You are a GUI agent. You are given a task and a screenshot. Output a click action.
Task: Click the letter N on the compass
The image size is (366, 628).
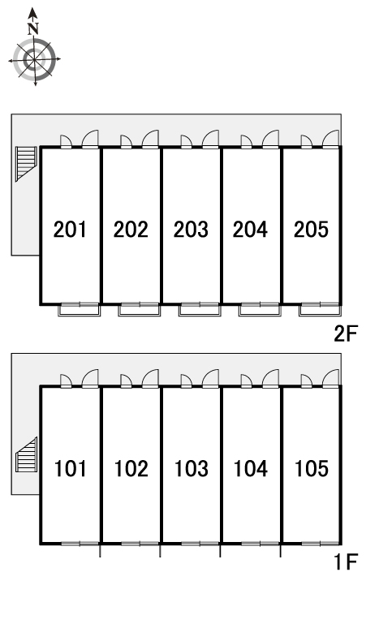coord(33,28)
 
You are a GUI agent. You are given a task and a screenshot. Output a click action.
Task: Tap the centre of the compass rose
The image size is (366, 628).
coord(34,60)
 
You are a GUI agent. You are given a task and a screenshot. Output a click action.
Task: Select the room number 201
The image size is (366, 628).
coord(70,229)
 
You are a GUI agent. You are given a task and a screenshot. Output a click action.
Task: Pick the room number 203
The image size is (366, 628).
coord(191,229)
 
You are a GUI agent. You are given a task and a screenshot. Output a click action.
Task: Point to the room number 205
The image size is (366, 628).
coord(311,229)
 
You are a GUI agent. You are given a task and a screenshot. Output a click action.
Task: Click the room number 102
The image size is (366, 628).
coord(131,468)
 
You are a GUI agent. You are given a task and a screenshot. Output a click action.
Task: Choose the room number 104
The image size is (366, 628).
coord(251,468)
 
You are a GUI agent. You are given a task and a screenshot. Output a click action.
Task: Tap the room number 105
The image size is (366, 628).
coord(312,468)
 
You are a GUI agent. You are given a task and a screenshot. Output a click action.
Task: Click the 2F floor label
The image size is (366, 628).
coord(345,333)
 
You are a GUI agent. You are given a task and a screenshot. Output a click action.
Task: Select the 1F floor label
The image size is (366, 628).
coord(346,561)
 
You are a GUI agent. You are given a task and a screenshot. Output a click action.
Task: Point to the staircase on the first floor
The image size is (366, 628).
coord(26,454)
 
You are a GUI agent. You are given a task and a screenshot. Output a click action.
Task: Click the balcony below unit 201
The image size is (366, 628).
coord(80,311)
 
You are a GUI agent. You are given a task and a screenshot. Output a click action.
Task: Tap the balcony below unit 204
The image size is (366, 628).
coord(260,311)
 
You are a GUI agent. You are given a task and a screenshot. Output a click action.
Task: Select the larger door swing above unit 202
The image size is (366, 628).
coord(151,139)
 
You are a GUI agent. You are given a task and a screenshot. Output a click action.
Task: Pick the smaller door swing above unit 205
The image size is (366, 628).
coord(306,141)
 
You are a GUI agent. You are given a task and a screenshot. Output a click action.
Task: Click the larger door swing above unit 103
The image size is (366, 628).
coord(211,378)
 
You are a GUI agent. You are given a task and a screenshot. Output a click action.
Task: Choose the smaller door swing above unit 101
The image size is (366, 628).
coord(66,381)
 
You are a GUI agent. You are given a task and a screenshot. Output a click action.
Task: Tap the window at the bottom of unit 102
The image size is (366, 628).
coord(140,544)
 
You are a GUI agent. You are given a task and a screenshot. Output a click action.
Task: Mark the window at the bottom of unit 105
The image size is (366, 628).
coord(321,544)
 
